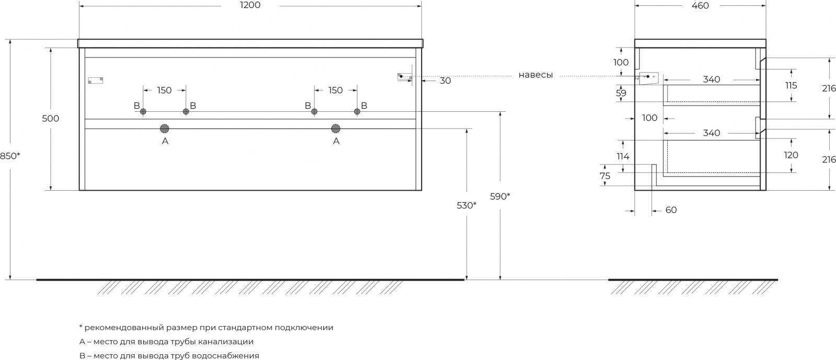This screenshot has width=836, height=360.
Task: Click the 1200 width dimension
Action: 250,5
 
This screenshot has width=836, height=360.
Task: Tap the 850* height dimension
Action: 10,156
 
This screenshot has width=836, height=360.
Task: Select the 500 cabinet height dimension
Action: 51,119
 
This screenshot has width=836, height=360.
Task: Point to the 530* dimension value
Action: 467,205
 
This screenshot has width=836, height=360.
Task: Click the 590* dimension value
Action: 500,196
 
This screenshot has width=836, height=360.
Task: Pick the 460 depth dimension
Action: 700,5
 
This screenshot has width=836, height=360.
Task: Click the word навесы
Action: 536,75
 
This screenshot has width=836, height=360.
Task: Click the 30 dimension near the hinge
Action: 445,81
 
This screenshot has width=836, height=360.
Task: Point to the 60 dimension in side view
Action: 671,210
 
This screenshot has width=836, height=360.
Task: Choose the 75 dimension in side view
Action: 605,176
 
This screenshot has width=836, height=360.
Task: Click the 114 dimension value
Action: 623,156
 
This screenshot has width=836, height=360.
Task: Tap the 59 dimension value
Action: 621,94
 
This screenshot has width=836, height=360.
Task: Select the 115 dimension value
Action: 791,85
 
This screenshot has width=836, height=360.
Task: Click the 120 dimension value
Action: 792,155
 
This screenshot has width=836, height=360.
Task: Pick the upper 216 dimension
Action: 829,89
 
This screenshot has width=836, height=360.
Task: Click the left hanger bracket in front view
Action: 96,80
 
